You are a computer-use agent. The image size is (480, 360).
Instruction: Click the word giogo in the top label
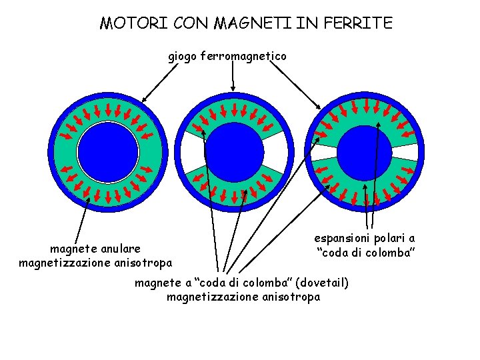pyautogui.click(x=181, y=57)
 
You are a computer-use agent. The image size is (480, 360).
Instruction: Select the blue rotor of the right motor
pyautogui.click(x=365, y=153)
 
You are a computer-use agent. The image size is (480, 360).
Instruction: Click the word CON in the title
pyautogui.click(x=190, y=24)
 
